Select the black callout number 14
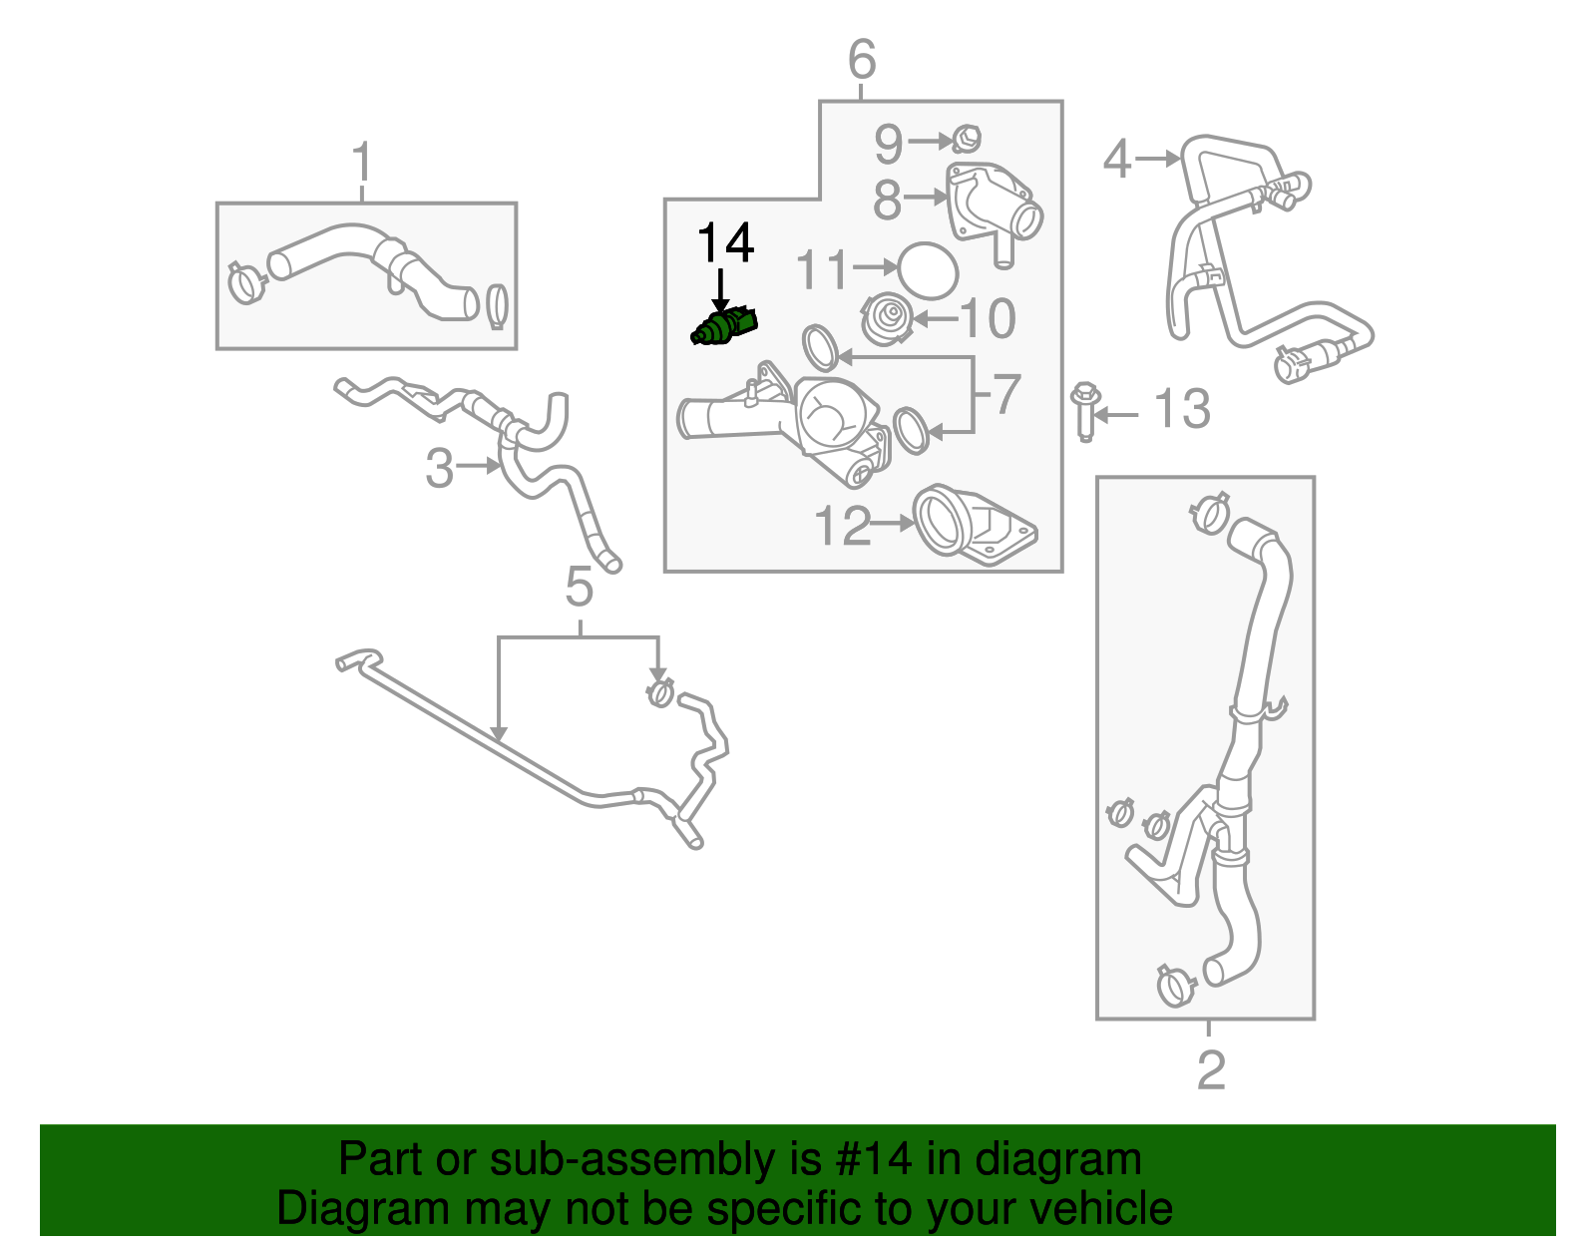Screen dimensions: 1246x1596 (x=725, y=242)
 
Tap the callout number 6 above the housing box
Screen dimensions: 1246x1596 (x=862, y=60)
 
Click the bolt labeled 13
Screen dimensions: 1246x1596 (x=1085, y=411)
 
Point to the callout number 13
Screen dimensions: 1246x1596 (x=1181, y=409)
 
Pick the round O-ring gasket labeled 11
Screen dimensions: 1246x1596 (x=928, y=270)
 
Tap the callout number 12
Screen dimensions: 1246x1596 (x=842, y=526)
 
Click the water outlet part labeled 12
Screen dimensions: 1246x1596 (x=973, y=526)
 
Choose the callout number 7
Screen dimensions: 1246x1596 (x=1006, y=394)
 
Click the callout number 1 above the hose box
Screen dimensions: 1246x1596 (x=362, y=163)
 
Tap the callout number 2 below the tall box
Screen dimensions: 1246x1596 (x=1210, y=1070)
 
